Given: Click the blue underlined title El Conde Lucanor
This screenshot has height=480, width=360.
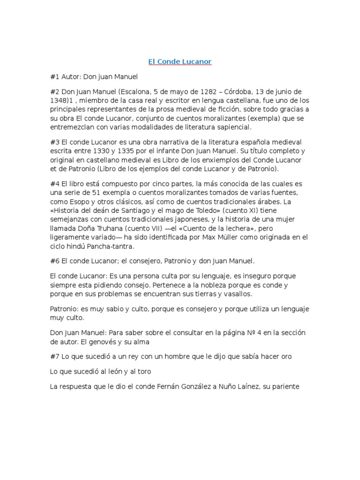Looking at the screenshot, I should [180, 61].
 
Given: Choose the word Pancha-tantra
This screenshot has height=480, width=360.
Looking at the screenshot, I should [109, 247].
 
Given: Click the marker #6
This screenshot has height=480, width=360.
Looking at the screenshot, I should [55, 261].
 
